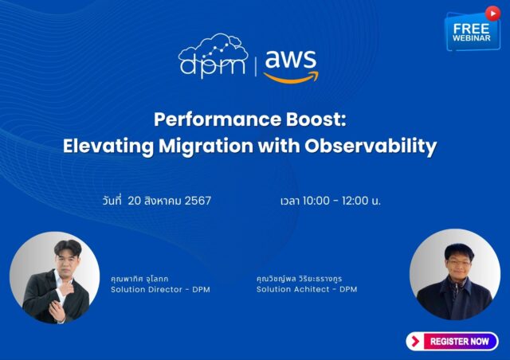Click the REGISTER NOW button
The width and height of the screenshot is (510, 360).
452,341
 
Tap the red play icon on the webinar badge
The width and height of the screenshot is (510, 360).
492,14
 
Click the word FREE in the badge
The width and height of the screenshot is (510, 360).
471,29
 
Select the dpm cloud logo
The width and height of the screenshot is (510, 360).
213,55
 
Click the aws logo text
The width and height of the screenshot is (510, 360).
290,59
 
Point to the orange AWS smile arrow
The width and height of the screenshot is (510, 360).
291,77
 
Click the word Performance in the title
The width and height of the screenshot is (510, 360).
218,119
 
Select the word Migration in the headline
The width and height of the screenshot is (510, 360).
206,147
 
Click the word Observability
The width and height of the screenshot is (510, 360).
371,147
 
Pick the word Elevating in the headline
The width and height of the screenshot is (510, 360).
108,147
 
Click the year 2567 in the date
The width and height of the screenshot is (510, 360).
198,201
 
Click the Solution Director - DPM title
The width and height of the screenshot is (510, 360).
160,289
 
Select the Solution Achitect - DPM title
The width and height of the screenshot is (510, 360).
307,289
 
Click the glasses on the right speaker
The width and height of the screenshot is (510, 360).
459,263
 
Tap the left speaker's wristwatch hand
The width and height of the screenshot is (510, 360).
57,311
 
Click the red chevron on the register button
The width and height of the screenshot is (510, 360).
415,341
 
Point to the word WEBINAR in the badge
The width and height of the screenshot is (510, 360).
471,37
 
